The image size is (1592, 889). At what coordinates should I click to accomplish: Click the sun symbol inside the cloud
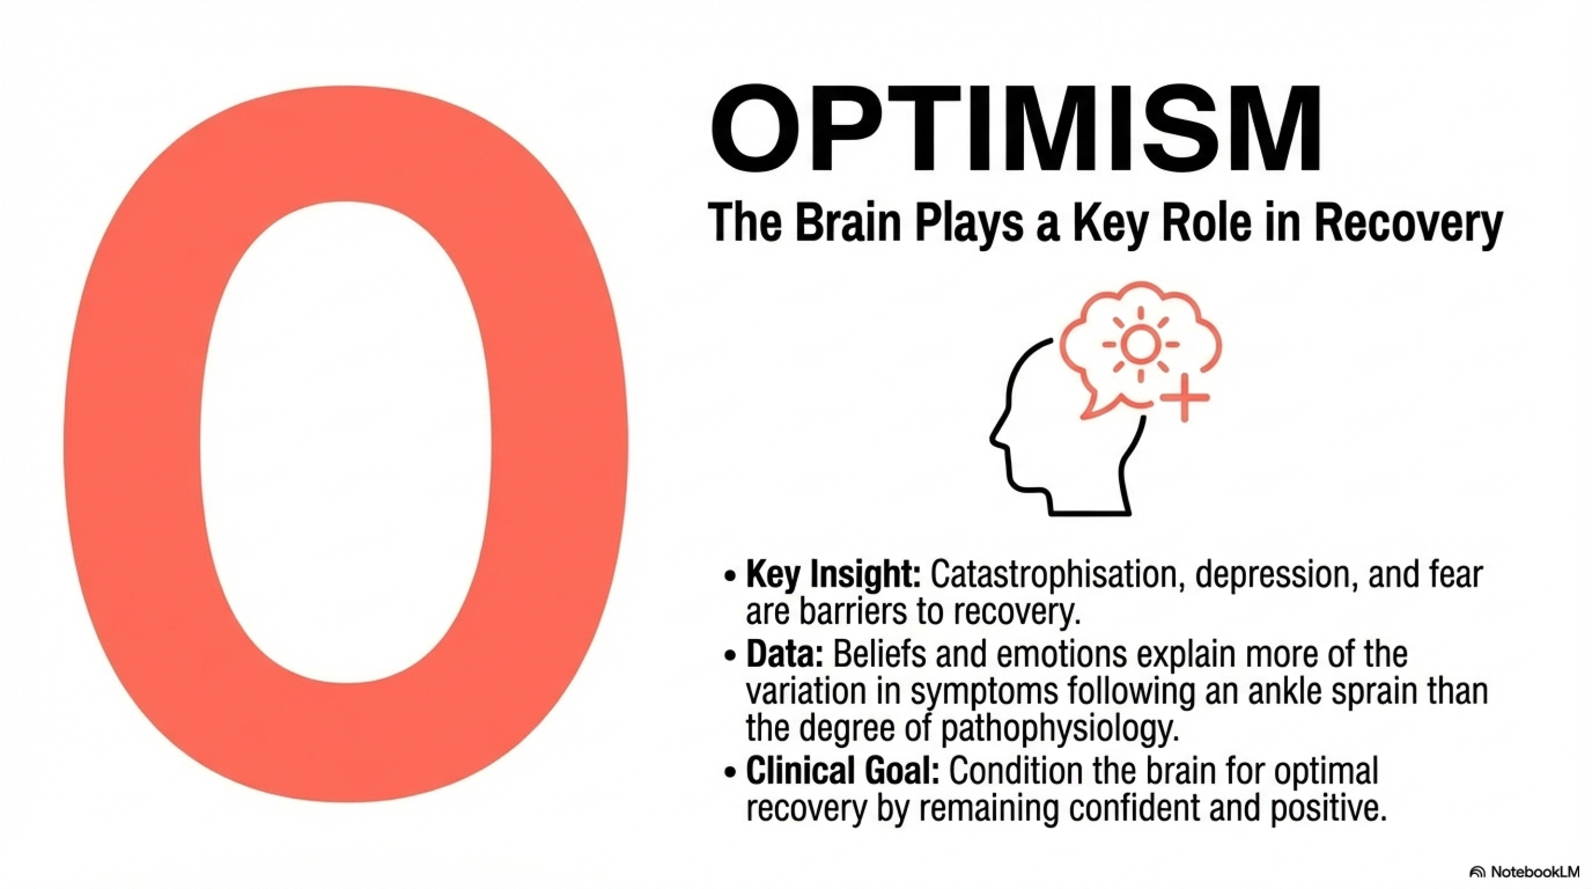[x=1140, y=344]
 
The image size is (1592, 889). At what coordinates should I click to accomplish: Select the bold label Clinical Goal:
[x=842, y=772]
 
